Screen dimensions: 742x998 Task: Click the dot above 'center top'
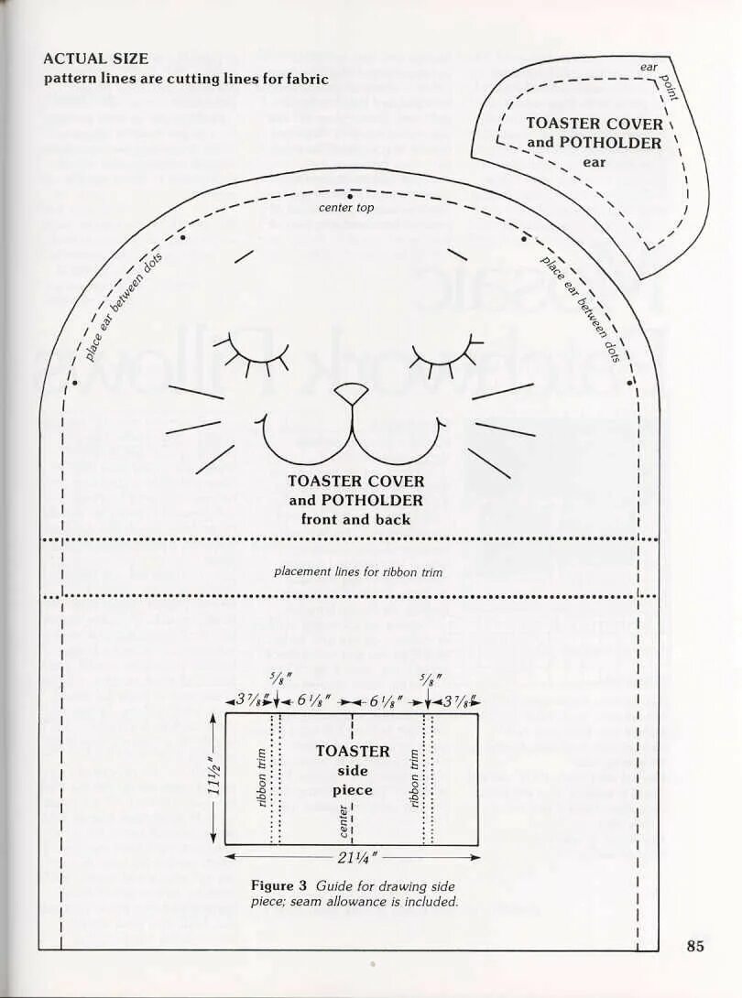pyautogui.click(x=349, y=195)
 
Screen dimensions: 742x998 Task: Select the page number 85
pyautogui.click(x=695, y=946)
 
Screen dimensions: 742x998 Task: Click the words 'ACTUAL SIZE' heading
pyautogui.click(x=95, y=59)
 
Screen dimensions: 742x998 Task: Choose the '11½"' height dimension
pyautogui.click(x=213, y=777)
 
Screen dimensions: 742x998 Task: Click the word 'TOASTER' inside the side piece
pyautogui.click(x=353, y=751)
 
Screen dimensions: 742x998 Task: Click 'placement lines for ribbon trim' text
pyautogui.click(x=357, y=572)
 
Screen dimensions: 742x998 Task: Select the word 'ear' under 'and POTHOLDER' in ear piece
pyautogui.click(x=594, y=162)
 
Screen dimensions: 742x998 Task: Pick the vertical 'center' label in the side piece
pyautogui.click(x=344, y=820)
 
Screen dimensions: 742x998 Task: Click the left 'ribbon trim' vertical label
pyautogui.click(x=262, y=778)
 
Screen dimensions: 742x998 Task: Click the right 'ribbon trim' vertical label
pyautogui.click(x=414, y=778)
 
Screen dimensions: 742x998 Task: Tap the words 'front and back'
pyautogui.click(x=355, y=519)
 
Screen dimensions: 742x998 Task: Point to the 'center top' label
pyautogui.click(x=346, y=208)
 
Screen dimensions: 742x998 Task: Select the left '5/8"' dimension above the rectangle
pyautogui.click(x=276, y=679)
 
